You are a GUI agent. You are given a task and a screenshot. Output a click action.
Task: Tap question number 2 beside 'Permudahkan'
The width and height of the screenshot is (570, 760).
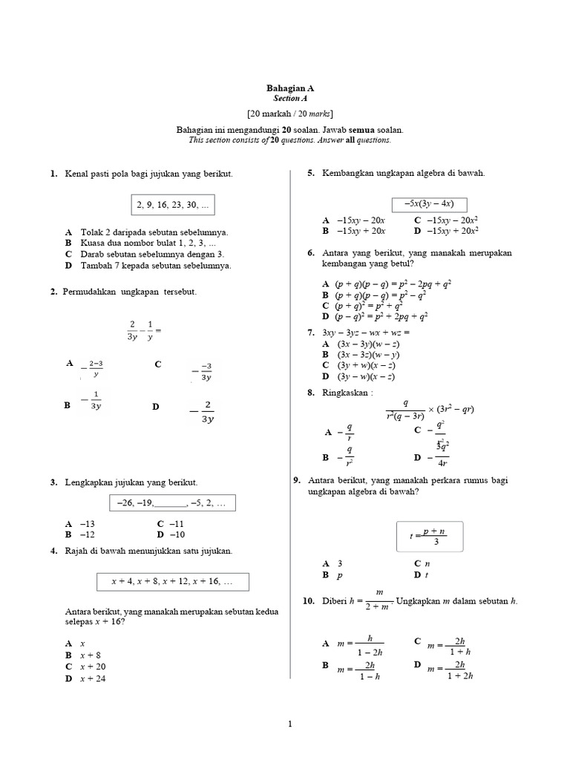click(54, 292)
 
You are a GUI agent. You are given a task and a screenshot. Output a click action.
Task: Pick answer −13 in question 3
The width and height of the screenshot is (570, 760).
click(87, 523)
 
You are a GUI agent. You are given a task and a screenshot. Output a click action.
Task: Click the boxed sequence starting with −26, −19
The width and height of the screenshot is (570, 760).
click(171, 503)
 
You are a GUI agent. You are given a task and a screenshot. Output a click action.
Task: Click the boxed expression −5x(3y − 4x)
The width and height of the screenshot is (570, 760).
click(430, 204)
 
